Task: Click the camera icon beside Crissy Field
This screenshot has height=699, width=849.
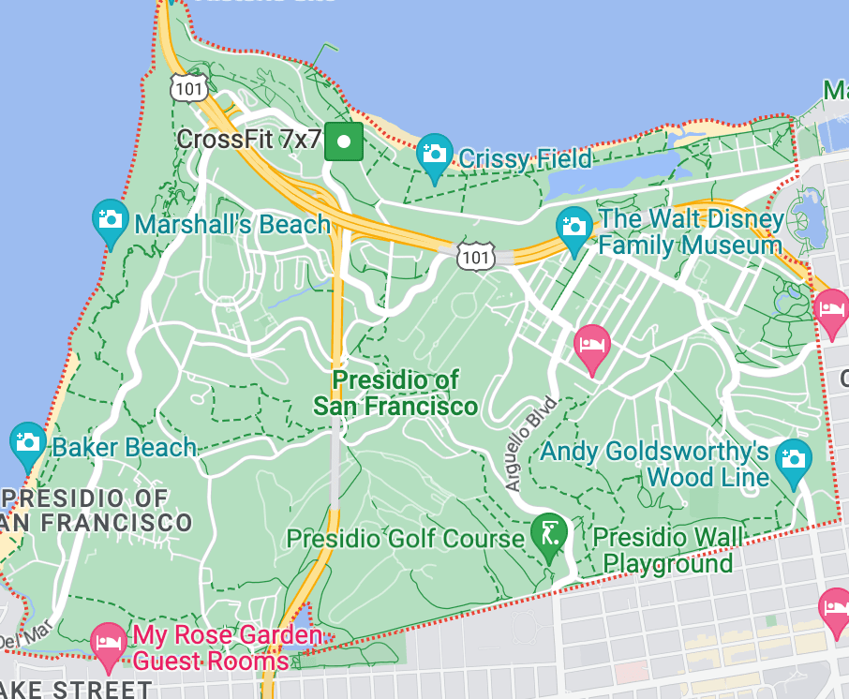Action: tap(435, 152)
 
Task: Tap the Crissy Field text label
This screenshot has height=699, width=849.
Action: tap(525, 159)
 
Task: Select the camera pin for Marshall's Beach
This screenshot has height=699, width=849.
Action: tap(111, 218)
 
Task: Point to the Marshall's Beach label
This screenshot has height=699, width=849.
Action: tap(232, 225)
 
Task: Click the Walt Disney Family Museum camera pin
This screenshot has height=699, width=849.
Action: tap(573, 226)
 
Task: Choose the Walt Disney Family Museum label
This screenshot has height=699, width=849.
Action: tap(690, 233)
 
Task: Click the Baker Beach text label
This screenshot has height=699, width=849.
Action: tap(124, 447)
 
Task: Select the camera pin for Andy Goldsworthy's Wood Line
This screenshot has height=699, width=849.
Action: tap(793, 458)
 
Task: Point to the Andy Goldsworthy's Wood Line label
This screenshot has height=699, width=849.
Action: tap(655, 464)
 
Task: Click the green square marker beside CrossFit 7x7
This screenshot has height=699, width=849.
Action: tap(344, 141)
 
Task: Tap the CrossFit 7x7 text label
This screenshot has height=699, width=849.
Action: tap(248, 140)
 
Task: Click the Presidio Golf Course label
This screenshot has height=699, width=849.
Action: tap(405, 539)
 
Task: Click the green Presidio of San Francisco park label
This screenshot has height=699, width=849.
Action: tap(395, 393)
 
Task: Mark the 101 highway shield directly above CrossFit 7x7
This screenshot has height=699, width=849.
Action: tap(189, 88)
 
